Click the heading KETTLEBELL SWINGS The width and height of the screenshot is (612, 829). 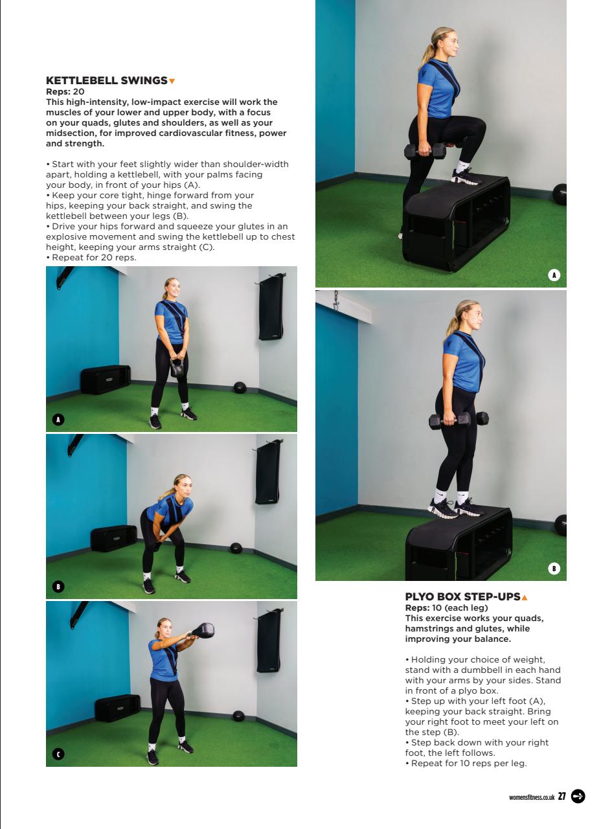click(106, 81)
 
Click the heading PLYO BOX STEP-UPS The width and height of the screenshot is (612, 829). click(462, 597)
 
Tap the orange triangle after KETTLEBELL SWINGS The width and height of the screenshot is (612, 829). click(172, 81)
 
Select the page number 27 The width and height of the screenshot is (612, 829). click(561, 797)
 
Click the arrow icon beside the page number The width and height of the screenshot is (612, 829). click(578, 797)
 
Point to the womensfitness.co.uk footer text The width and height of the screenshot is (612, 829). click(532, 797)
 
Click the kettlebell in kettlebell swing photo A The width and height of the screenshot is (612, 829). click(177, 367)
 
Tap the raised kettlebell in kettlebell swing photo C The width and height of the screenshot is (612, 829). click(203, 630)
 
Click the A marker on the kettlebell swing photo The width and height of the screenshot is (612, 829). click(58, 420)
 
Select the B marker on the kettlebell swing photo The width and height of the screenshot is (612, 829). click(58, 587)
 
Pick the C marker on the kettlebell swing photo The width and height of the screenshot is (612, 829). click(58, 755)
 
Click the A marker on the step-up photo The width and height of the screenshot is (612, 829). click(554, 275)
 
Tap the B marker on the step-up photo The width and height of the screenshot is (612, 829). click(554, 569)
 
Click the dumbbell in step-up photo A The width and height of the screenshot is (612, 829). click(425, 152)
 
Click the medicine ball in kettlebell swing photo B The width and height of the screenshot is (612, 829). click(236, 548)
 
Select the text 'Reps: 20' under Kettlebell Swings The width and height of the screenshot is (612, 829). click(65, 92)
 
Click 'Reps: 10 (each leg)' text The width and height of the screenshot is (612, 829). click(446, 608)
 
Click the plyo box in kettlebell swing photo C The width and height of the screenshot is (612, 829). click(117, 707)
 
